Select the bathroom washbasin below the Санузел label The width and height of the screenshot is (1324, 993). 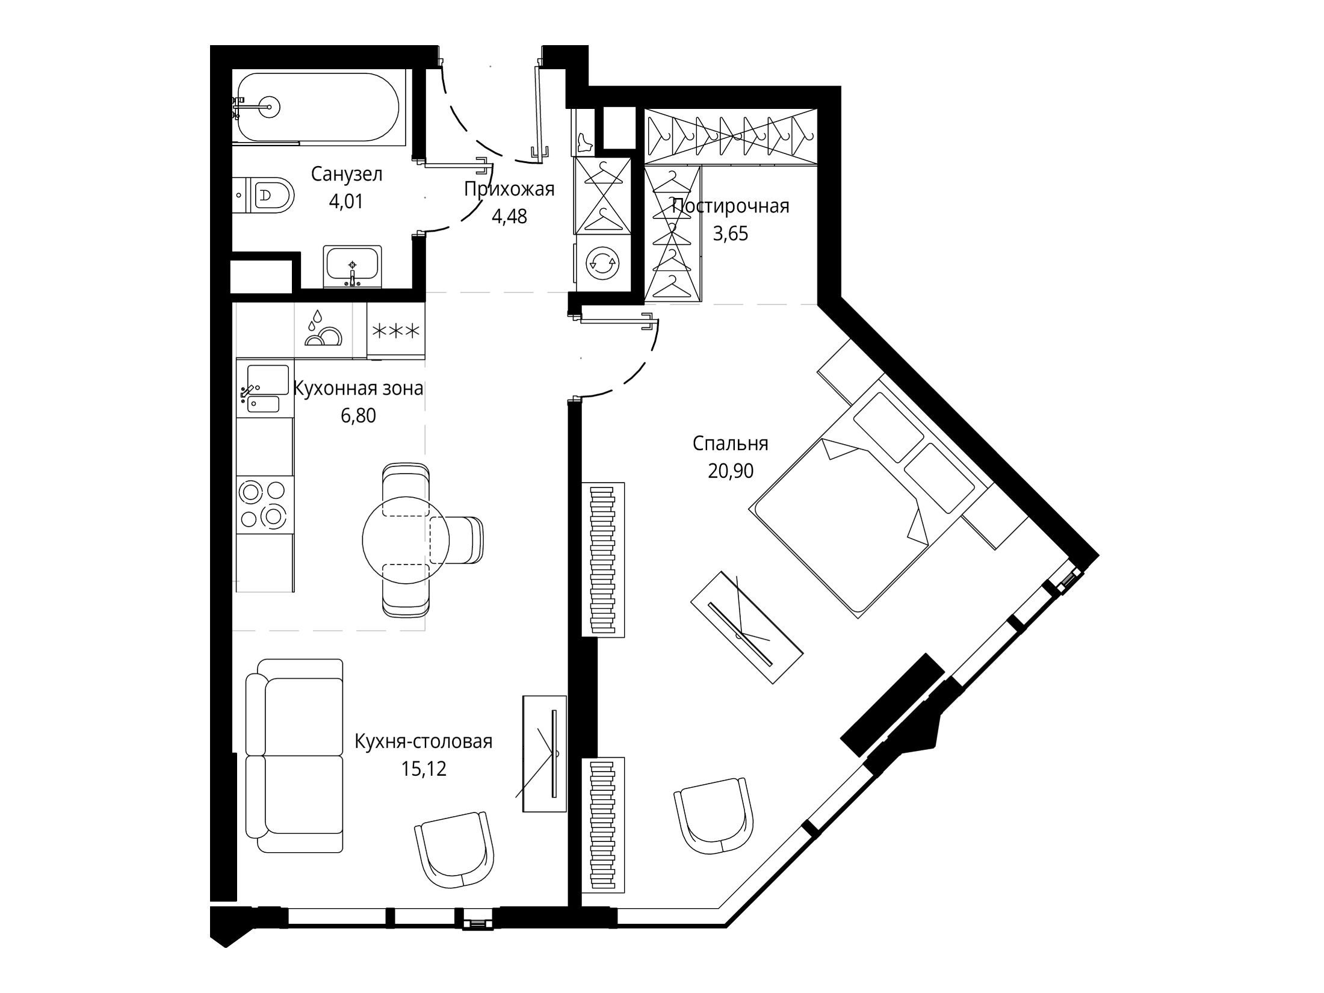(x=352, y=267)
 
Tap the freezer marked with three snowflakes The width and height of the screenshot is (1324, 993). (x=396, y=330)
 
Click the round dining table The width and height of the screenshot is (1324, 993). (x=406, y=540)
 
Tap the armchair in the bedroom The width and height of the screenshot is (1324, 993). (x=714, y=815)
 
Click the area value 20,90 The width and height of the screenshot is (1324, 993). (x=731, y=471)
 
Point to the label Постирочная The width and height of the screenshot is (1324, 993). (x=731, y=206)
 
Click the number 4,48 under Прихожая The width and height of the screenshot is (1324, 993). (x=509, y=216)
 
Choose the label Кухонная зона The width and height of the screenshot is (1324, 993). (x=358, y=389)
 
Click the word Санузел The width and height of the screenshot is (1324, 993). (x=347, y=175)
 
